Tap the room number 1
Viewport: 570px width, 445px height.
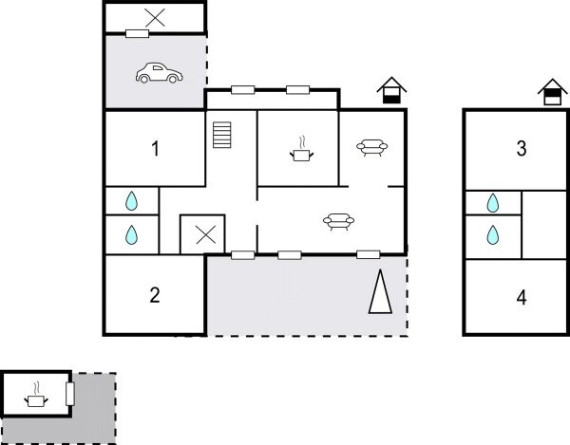(x=154, y=148)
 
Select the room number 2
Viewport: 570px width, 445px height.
(x=154, y=295)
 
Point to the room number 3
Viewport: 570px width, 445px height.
(x=521, y=149)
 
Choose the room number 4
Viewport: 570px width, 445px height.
(x=521, y=297)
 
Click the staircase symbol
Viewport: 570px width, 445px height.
(x=222, y=135)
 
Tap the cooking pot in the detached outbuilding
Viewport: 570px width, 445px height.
(x=36, y=397)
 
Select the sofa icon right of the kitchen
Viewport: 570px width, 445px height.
(x=370, y=147)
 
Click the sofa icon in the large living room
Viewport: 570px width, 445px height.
(x=339, y=221)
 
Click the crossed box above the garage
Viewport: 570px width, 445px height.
(x=154, y=17)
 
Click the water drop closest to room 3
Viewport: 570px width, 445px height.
(x=493, y=202)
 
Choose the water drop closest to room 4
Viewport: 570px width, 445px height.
(x=493, y=233)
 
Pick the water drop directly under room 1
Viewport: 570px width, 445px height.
(x=132, y=201)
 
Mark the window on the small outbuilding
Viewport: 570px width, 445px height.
(x=69, y=396)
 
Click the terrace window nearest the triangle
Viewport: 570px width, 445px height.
(x=369, y=254)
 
